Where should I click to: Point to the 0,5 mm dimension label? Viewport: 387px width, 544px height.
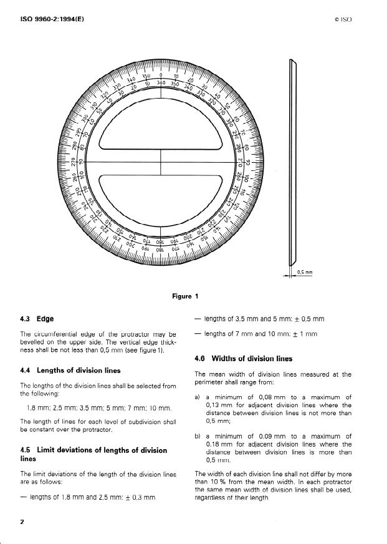[x=305, y=272]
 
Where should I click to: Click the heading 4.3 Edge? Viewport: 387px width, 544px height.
[x=37, y=319]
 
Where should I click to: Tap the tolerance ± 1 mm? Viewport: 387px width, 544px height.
[x=305, y=334]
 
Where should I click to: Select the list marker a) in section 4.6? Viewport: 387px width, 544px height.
[x=198, y=396]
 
